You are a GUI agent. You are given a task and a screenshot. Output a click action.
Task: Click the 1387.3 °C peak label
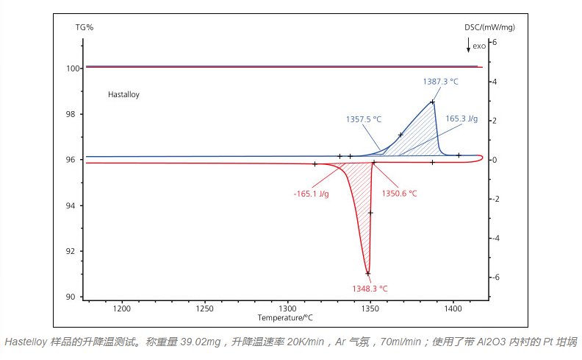point(440,81)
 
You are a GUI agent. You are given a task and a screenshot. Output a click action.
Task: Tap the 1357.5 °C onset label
point(364,118)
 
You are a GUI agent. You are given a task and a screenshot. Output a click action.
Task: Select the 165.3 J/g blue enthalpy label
point(461,118)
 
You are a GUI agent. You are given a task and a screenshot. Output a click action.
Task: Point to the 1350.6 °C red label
point(400,193)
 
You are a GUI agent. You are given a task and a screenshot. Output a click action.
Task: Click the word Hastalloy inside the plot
point(123,94)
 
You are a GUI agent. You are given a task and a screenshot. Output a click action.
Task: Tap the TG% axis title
point(85,27)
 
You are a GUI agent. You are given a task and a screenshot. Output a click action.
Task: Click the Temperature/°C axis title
point(285,317)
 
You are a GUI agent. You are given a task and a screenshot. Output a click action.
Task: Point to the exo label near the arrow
point(479,46)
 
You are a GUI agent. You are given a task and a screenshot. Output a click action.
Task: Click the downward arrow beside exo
point(468,45)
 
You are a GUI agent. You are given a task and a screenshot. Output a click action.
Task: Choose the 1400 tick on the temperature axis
point(453,308)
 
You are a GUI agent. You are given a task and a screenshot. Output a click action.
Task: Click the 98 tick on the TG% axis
point(71,114)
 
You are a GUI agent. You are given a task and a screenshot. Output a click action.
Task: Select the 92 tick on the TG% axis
point(71,251)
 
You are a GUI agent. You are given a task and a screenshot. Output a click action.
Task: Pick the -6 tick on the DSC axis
point(495,278)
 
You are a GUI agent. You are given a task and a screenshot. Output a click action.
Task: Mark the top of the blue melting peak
point(432,102)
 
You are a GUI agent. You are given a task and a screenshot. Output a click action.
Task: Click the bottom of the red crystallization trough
point(367,273)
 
